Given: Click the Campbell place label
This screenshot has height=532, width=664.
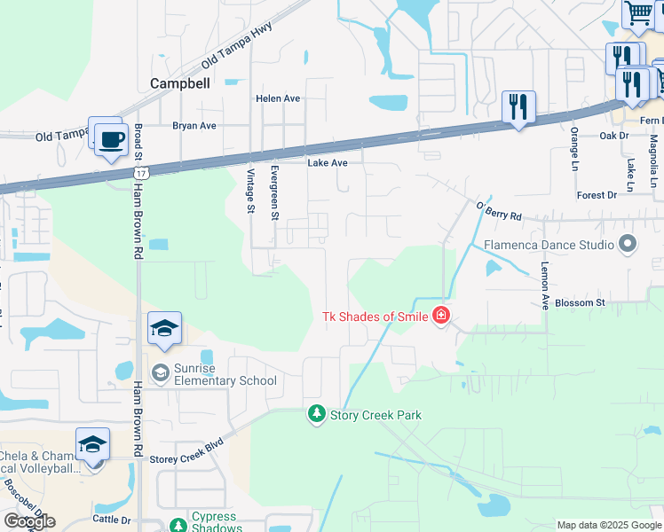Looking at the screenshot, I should (179, 83).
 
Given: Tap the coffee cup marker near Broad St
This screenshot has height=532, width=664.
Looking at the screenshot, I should (111, 140).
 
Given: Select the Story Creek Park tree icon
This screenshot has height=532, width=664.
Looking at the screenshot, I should (317, 414).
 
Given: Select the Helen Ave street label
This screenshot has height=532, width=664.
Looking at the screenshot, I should (278, 98).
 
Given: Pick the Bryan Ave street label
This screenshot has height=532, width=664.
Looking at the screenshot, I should (194, 126).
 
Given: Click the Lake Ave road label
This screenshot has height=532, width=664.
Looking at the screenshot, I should (328, 163).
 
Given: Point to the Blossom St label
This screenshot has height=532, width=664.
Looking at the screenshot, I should (580, 302).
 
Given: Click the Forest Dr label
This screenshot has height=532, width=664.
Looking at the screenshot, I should (596, 195).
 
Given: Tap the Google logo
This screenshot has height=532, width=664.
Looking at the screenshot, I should (29, 521).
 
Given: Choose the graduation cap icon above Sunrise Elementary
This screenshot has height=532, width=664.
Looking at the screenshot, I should (165, 329).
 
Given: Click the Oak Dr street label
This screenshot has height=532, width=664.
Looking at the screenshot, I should (613, 136).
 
